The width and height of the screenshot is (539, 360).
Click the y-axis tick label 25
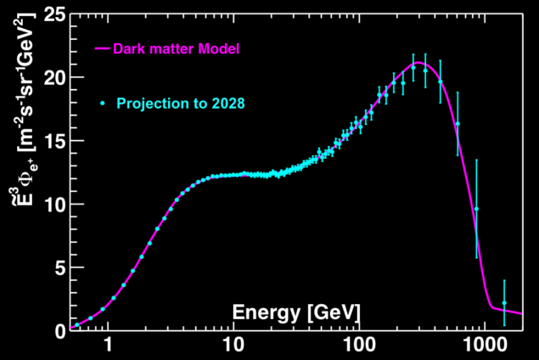(x=50, y=14)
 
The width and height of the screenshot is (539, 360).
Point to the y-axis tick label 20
(x=50, y=77)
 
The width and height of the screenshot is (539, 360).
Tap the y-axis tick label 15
(x=50, y=140)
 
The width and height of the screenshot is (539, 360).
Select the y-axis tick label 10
(x=50, y=204)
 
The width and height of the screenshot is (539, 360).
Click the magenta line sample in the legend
(x=102, y=49)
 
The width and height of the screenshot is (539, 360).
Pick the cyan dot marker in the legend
(x=102, y=103)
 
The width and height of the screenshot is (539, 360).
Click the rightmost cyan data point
(x=504, y=303)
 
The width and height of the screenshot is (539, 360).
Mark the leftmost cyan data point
(x=76, y=324)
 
